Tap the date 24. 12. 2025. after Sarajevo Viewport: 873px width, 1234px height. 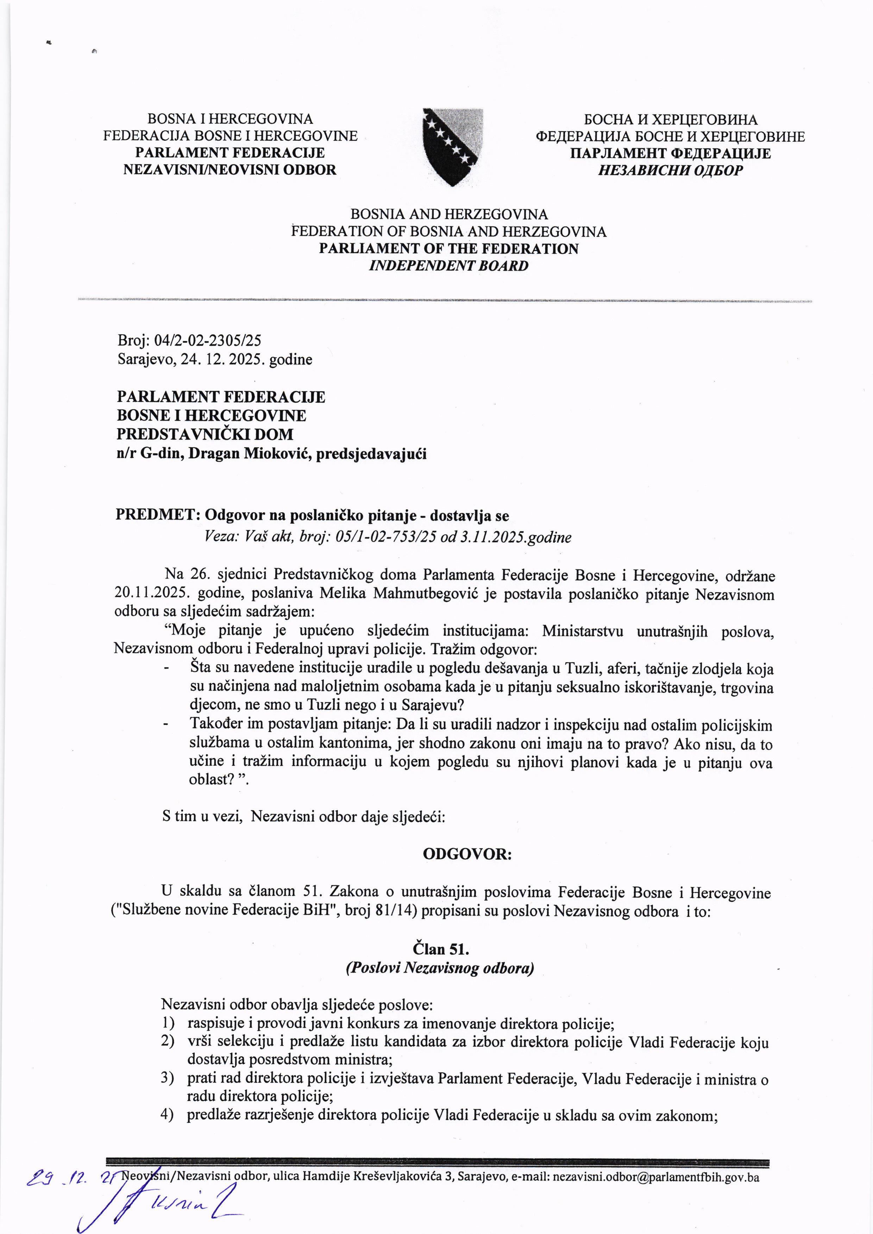tap(223, 359)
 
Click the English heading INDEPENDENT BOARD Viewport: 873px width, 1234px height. tap(448, 266)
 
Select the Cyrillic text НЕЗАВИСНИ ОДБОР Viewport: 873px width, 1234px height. tap(670, 170)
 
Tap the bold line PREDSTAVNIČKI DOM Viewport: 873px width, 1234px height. tap(205, 434)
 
